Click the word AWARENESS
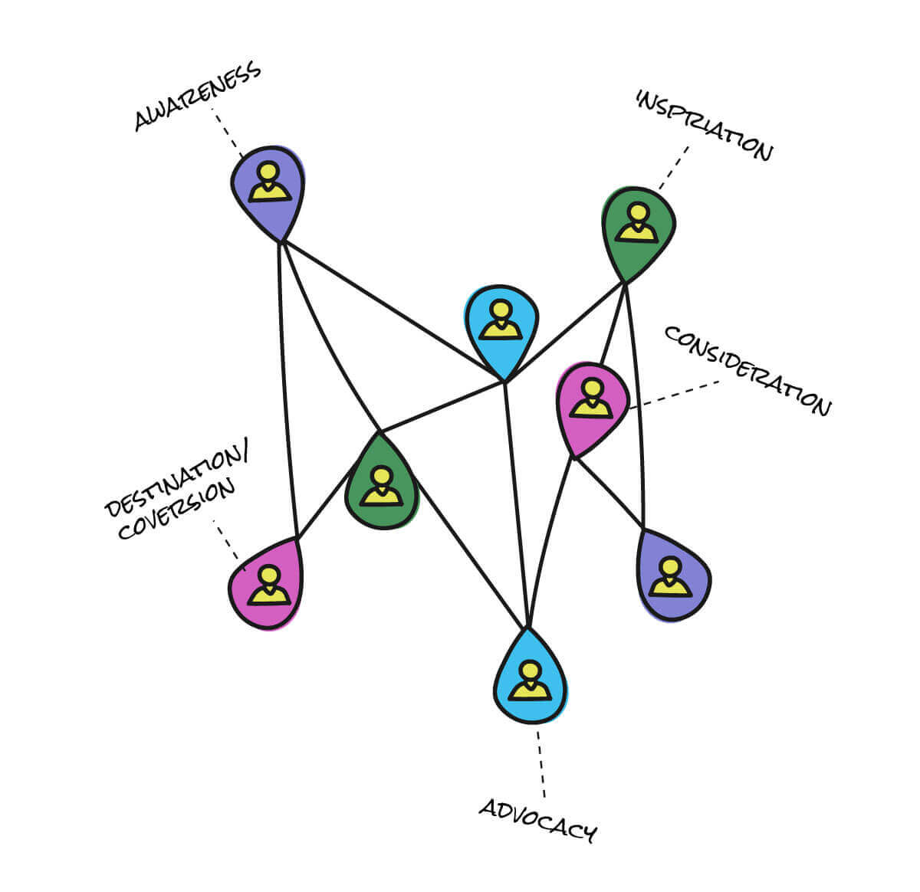coord(197,96)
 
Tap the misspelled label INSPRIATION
coord(704,126)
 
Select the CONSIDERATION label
coord(748,372)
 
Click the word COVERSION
coord(176,510)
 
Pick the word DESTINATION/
coord(176,477)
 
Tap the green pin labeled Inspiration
coord(638,234)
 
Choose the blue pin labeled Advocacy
coord(530,676)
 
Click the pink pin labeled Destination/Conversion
coord(266,584)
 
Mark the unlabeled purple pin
coord(673,574)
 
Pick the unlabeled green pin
coord(382,481)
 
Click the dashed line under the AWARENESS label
coord(227,133)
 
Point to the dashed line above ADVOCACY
coord(541,766)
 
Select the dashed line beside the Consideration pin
coord(675,395)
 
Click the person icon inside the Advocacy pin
coord(530,680)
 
